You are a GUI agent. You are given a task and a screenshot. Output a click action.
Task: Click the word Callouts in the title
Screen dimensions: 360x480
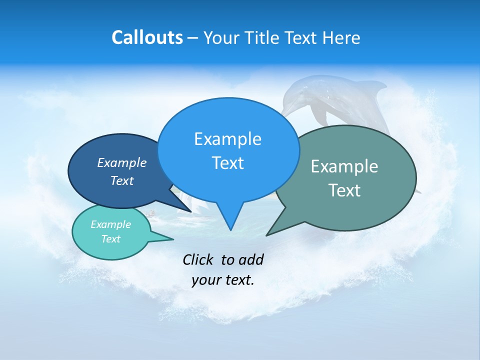[147, 37]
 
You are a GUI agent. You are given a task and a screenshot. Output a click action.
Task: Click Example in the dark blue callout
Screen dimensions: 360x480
[122, 162]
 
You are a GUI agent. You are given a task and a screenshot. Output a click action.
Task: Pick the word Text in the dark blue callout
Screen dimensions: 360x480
[122, 180]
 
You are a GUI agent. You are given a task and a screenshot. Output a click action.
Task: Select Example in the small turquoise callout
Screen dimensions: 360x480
[110, 224]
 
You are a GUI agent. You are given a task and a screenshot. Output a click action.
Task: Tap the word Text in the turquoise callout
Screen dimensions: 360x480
[110, 239]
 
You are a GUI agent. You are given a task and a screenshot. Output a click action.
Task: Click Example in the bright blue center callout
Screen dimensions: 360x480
[227, 138]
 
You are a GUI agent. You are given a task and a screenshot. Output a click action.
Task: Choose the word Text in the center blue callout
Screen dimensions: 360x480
[227, 163]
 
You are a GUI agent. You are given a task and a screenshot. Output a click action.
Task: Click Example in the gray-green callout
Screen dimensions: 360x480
[344, 166]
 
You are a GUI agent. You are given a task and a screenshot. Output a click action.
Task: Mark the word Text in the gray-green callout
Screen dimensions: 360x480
[344, 190]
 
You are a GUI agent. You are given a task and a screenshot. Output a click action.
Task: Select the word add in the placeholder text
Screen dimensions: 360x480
[250, 259]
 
